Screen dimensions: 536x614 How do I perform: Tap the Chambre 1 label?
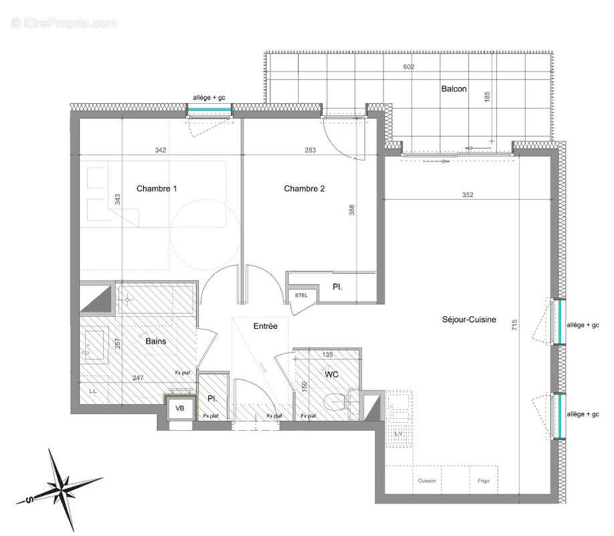point(157,189)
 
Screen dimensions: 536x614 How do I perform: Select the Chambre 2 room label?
point(304,189)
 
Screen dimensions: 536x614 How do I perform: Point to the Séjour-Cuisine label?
point(469,320)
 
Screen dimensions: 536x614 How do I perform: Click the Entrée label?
point(265,326)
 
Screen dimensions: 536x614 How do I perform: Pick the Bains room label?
point(155,341)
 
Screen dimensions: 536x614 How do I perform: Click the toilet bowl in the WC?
point(335,403)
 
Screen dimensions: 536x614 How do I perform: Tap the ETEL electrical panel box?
point(298,295)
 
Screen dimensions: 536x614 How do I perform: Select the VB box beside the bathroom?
point(180,407)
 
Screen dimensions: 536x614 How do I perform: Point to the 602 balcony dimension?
point(409,67)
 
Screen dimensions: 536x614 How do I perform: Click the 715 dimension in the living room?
point(515,326)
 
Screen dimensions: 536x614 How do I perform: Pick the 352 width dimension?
point(467,196)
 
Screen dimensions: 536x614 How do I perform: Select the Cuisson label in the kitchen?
point(427,480)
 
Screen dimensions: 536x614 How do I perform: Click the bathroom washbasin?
point(93,343)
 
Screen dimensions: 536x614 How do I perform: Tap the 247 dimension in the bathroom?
point(138,378)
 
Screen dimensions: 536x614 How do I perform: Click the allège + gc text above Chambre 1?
point(209,98)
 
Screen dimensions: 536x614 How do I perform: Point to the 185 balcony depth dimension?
point(487,97)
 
